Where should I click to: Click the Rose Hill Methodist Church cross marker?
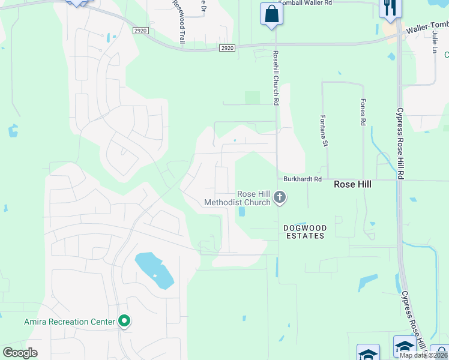[279, 197]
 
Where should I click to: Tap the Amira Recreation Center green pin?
[124, 322]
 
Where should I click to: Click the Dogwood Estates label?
[304, 232]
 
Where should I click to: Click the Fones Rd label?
[363, 112]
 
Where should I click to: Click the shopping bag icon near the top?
[271, 13]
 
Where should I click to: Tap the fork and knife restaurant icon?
[390, 8]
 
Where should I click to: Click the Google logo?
[20, 353]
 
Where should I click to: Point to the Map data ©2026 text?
[423, 355]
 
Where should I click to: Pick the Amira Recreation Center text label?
[69, 322]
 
